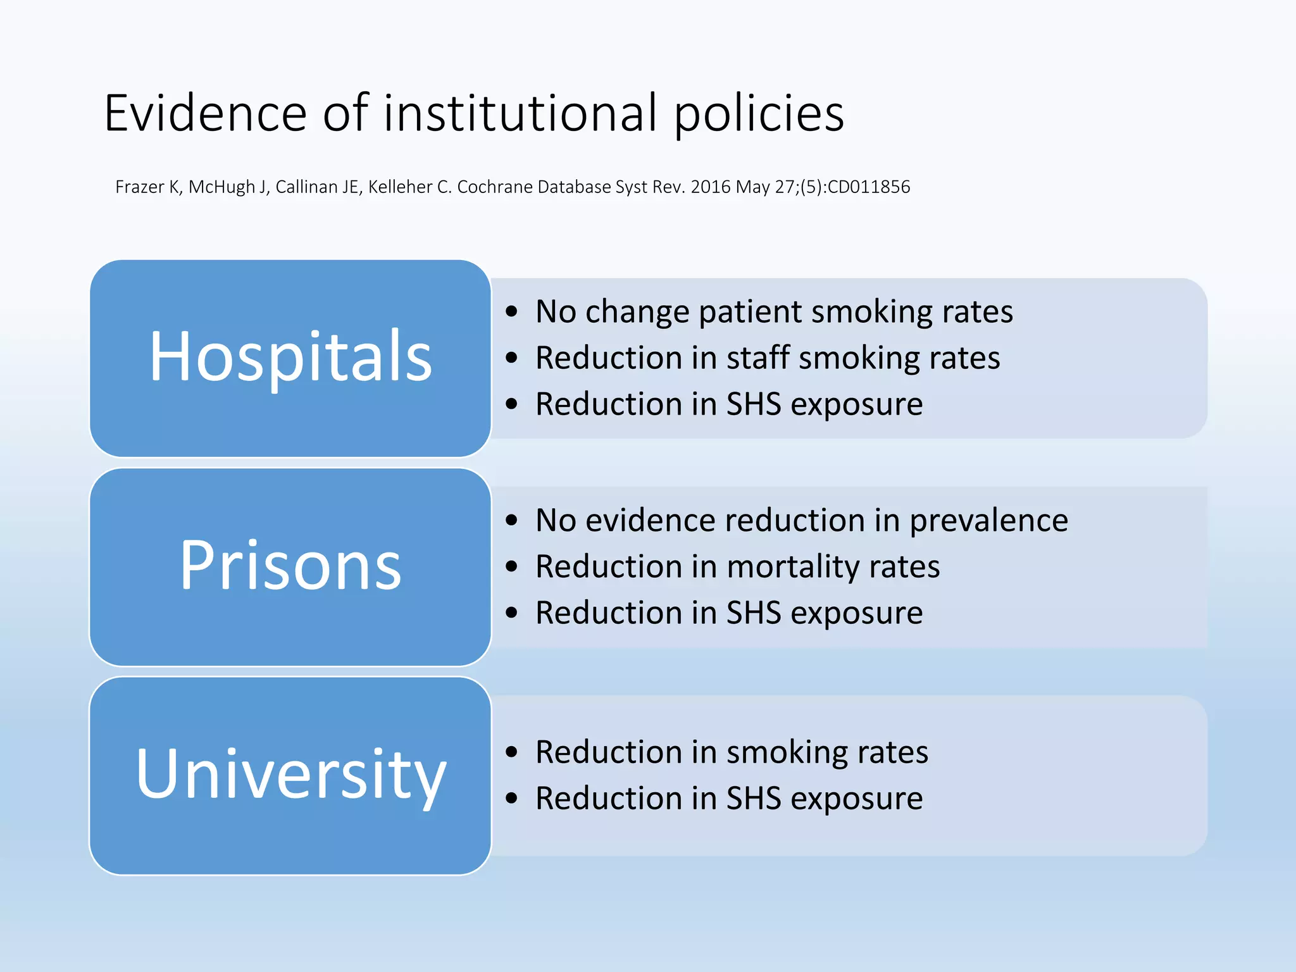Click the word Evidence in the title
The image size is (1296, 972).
point(206,114)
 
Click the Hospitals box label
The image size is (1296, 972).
point(290,358)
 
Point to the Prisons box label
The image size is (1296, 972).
point(290,566)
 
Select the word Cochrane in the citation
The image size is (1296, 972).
point(495,187)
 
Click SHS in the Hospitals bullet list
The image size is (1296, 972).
point(754,404)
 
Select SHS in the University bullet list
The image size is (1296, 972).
point(754,799)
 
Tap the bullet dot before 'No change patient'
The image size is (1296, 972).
point(512,312)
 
